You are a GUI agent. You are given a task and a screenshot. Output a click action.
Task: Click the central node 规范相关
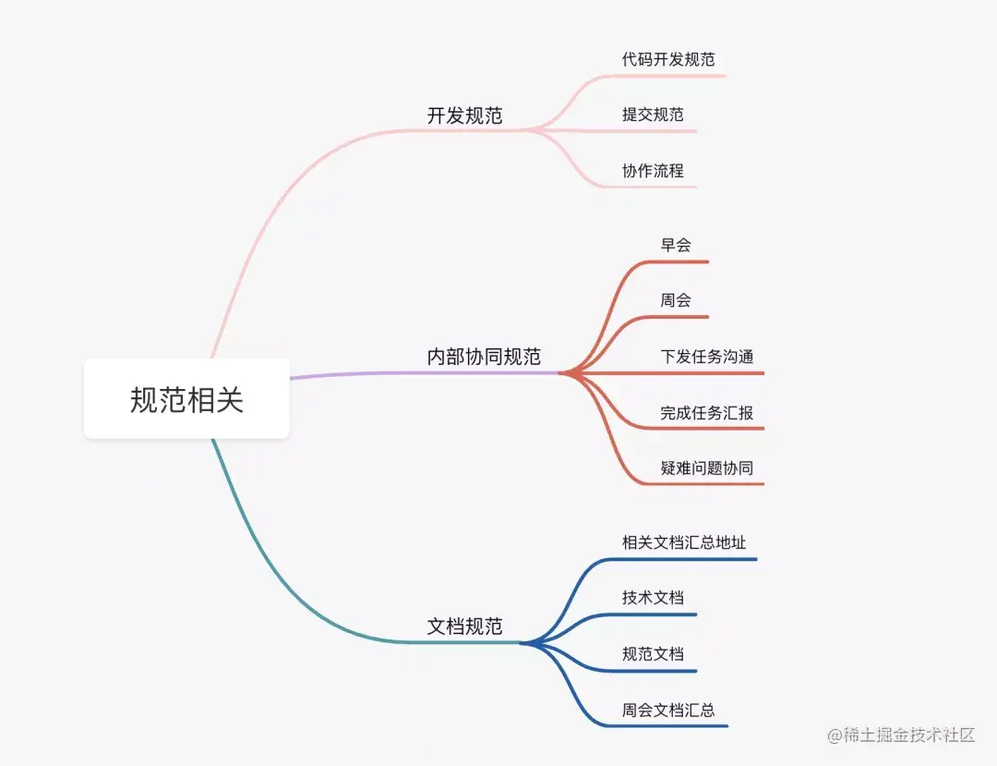[186, 399]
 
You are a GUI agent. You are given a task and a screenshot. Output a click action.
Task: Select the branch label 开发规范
[464, 116]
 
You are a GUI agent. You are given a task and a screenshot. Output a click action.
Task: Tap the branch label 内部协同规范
[484, 357]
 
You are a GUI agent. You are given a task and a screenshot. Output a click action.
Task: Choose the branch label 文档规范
[464, 626]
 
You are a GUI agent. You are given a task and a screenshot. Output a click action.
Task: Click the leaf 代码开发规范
[668, 59]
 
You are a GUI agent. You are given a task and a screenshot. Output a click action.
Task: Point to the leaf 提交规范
[653, 115]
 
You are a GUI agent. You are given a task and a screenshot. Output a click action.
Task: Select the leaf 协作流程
[653, 171]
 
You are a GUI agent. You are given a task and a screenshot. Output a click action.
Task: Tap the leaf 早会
[676, 245]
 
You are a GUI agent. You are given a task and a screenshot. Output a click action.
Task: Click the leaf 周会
[676, 300]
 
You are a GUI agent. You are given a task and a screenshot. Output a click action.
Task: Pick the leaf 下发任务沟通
[706, 357]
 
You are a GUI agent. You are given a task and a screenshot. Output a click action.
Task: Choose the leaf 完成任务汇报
[706, 413]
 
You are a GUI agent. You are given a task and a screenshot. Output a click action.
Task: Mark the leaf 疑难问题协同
[706, 468]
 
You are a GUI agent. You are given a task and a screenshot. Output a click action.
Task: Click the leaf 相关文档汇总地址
[684, 542]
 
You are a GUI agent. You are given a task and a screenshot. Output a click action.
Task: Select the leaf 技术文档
[653, 598]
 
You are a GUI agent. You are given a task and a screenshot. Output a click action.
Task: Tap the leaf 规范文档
[653, 654]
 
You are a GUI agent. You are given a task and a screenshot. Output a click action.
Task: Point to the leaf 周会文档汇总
[668, 711]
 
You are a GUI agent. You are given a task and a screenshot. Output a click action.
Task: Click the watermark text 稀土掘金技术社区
[909, 736]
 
